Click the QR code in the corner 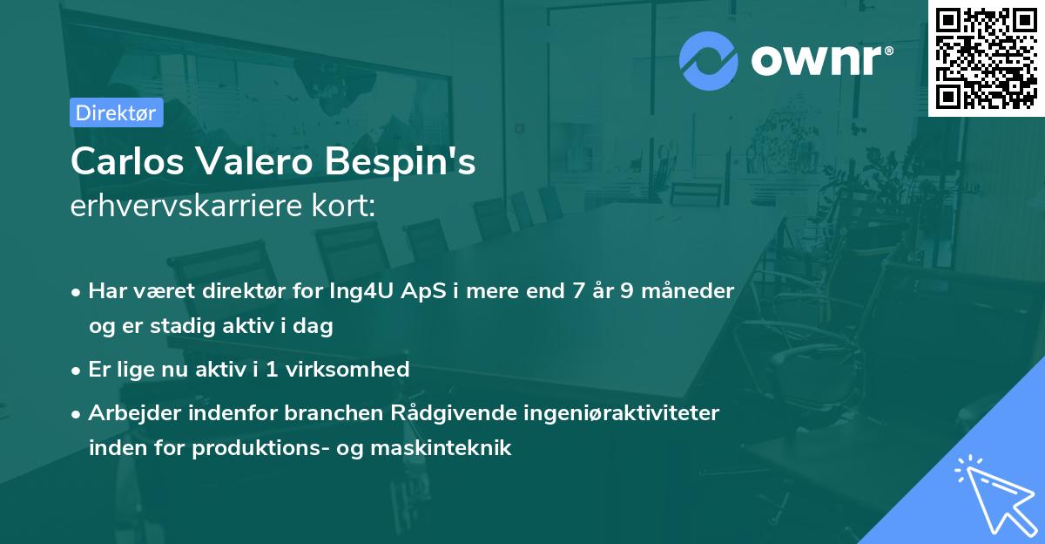(x=986, y=58)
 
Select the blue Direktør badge (x=116, y=112)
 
